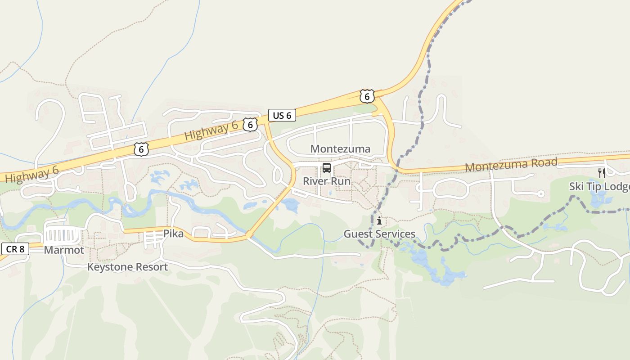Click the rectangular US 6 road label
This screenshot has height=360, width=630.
(x=282, y=115)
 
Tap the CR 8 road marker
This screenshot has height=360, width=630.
(x=15, y=249)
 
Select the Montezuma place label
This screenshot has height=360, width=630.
(x=340, y=149)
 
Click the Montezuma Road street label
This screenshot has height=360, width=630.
(x=511, y=165)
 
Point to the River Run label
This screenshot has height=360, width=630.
(x=326, y=181)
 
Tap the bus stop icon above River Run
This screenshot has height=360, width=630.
(x=327, y=168)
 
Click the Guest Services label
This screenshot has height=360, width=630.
(x=379, y=234)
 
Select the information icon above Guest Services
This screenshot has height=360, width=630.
(x=379, y=220)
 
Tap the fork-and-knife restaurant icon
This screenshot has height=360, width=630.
(x=602, y=173)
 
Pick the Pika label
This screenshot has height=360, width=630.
(x=173, y=234)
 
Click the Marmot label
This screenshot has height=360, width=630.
(x=64, y=250)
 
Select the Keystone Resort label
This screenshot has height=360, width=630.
(x=127, y=267)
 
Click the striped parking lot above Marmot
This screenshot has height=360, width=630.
(x=63, y=235)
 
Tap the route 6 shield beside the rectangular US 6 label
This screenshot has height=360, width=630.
(x=250, y=125)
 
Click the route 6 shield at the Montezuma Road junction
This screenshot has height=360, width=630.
(x=367, y=96)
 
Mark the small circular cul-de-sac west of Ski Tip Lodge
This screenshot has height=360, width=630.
(x=541, y=194)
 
